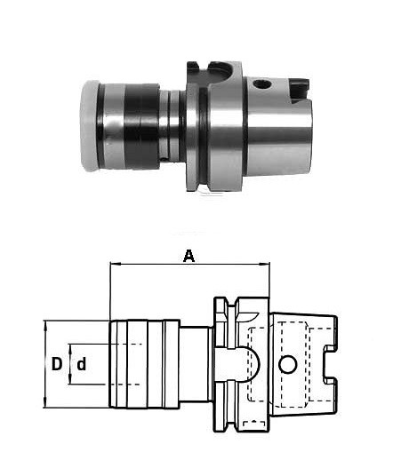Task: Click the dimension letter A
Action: point(189,256)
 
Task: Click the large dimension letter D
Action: point(57,364)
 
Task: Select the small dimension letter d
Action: point(82,364)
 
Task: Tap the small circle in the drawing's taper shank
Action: point(287,364)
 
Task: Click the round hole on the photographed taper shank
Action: point(261,84)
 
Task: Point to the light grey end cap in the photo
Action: point(89,126)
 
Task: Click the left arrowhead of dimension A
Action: point(114,263)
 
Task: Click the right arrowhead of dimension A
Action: point(265,263)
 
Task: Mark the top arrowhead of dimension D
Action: point(45,325)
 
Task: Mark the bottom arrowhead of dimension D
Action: point(45,403)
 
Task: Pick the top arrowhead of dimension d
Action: point(70,349)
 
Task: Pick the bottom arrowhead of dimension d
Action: point(70,379)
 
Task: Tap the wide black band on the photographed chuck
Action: point(140,126)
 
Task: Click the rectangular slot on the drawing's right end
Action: point(330,364)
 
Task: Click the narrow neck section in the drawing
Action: point(196,364)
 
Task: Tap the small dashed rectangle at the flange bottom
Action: point(254,424)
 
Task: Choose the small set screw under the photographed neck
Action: point(164,159)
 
